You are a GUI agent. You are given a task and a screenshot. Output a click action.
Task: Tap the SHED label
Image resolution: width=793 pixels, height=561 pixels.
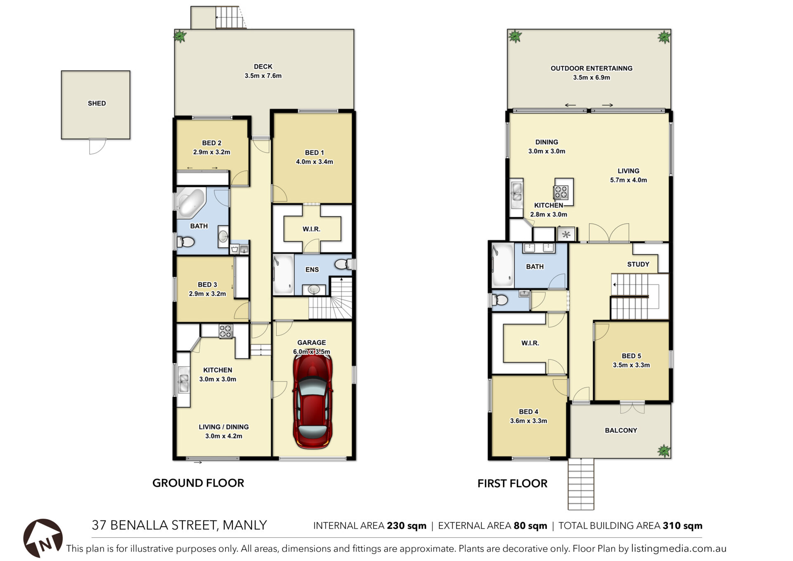97,103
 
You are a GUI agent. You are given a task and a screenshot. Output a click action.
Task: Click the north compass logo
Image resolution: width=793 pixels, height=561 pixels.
43,538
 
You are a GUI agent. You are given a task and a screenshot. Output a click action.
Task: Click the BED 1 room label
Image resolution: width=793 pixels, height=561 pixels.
314,153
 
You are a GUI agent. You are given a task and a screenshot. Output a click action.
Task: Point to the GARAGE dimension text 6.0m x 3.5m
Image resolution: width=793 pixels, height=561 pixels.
311,352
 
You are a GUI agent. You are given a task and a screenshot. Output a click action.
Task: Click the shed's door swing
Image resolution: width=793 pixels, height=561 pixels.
97,146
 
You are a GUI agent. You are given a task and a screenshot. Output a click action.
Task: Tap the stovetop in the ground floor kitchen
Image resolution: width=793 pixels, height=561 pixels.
226,331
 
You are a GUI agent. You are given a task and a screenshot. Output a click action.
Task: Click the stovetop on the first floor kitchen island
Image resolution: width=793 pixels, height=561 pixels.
561,192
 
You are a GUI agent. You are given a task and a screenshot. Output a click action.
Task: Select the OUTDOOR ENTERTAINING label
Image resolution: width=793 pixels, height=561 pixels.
591,68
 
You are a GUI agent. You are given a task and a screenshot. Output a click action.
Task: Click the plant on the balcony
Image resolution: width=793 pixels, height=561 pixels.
664,451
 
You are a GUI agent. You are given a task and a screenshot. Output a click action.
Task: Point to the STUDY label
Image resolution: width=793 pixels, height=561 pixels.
638,264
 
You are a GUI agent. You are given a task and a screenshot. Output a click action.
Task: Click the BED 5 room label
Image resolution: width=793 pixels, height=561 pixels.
631,356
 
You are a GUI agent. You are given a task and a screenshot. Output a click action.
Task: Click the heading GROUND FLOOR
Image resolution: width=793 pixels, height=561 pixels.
198,483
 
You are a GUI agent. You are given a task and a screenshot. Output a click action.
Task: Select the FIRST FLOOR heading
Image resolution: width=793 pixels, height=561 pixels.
513,483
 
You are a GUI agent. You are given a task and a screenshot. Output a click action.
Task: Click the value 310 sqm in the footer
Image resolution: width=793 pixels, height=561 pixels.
683,526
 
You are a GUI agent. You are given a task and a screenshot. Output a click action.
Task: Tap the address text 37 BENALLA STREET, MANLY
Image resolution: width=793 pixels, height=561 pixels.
179,525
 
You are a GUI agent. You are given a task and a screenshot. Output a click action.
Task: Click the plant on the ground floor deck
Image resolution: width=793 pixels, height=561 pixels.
180,36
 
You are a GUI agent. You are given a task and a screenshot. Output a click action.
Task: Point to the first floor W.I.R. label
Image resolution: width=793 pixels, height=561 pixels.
530,343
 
